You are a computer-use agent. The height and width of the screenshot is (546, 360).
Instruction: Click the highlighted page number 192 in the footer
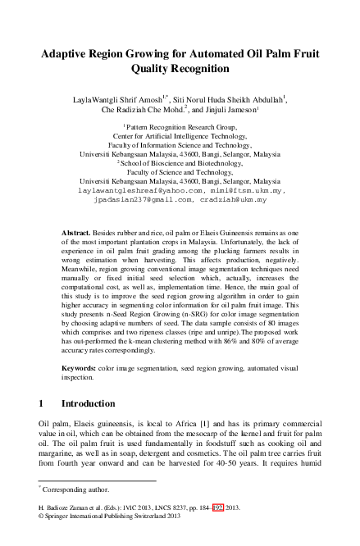[217, 530]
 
